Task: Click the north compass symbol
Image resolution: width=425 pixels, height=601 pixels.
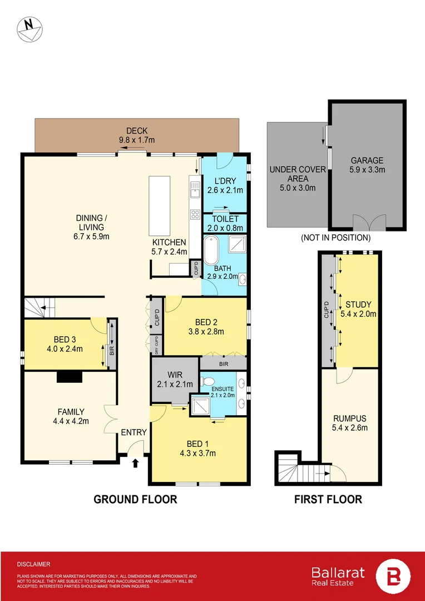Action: click(x=29, y=28)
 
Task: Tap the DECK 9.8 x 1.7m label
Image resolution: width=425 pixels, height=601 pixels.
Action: click(x=137, y=135)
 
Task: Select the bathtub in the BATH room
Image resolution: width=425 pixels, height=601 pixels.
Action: click(x=211, y=251)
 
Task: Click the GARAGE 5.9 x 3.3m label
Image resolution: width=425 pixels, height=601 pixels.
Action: click(x=366, y=165)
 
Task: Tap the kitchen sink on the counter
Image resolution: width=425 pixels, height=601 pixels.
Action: click(x=195, y=191)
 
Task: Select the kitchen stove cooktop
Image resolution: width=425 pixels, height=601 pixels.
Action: click(x=195, y=214)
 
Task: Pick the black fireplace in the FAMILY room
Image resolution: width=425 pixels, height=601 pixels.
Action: click(x=69, y=377)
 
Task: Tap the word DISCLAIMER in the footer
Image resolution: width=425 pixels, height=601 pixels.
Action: click(x=34, y=564)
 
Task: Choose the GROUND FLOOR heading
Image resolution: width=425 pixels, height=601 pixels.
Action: click(x=135, y=499)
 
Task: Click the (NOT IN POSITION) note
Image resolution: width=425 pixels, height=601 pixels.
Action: click(x=335, y=238)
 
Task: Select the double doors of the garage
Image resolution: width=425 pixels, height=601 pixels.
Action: click(x=369, y=223)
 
